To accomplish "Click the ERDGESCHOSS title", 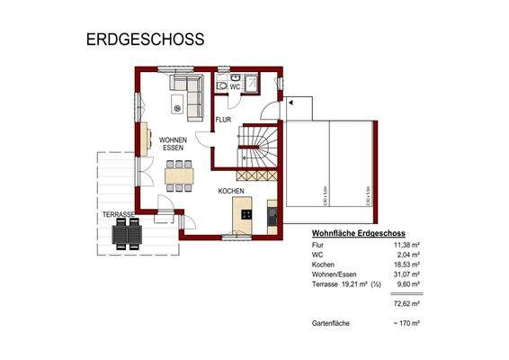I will (x=145, y=40).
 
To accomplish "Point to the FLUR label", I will (x=223, y=118).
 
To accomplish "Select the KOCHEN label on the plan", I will (x=231, y=192).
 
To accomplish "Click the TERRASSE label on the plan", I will (x=117, y=214).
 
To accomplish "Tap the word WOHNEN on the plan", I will (x=173, y=140).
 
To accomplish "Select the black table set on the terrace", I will (x=125, y=234).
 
